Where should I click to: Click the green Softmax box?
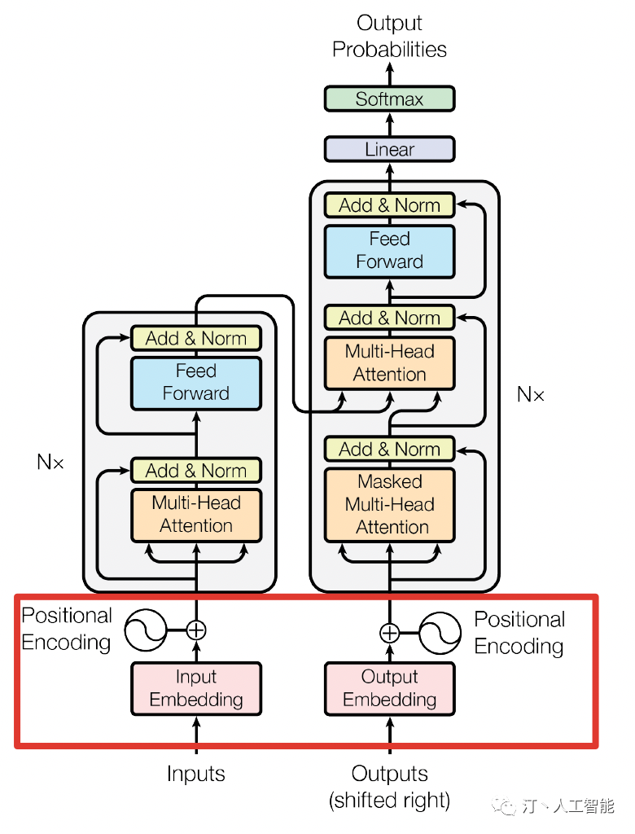(x=389, y=99)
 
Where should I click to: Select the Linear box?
(x=389, y=150)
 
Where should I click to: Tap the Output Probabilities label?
(x=389, y=37)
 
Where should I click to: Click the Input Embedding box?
(x=196, y=688)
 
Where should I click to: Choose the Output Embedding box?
(x=389, y=688)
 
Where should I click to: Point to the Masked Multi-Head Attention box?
(x=389, y=504)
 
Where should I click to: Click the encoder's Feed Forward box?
(x=196, y=382)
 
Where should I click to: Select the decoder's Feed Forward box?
(x=389, y=250)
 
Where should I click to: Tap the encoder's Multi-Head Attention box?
(x=196, y=514)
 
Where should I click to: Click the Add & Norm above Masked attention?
(x=389, y=449)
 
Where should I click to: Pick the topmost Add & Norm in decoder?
(x=389, y=205)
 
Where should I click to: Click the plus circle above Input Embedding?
(x=196, y=630)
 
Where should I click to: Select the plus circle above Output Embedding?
(x=390, y=633)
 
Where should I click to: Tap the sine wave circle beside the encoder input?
(x=145, y=630)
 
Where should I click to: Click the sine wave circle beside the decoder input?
(x=440, y=633)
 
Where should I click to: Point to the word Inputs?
(x=196, y=774)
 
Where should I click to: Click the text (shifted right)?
(x=389, y=801)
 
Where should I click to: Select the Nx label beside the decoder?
(x=531, y=395)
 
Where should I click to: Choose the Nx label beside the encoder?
(x=50, y=463)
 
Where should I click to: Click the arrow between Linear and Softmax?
(x=389, y=125)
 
